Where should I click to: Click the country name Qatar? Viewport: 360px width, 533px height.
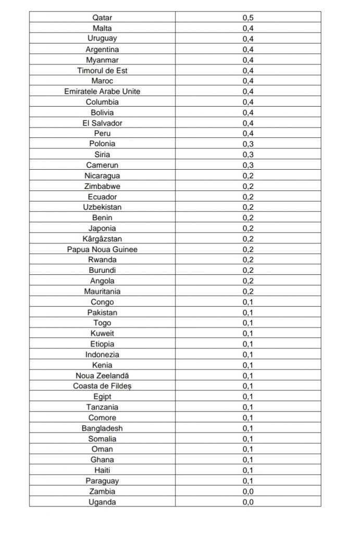click(x=102, y=18)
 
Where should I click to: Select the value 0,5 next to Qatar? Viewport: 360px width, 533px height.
click(x=248, y=18)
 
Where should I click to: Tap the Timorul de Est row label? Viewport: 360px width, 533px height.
click(x=102, y=70)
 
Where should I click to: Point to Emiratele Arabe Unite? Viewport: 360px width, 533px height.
click(x=102, y=91)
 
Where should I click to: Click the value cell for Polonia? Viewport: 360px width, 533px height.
click(x=248, y=144)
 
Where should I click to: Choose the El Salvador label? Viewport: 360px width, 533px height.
click(x=102, y=123)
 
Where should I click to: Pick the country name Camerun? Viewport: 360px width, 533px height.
click(x=102, y=165)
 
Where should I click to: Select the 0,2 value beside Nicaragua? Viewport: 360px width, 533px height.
click(x=248, y=175)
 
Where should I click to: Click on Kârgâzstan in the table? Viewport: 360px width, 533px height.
click(x=102, y=239)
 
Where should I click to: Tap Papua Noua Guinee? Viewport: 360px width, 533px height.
click(x=102, y=249)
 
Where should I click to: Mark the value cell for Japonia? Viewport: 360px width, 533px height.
click(x=248, y=228)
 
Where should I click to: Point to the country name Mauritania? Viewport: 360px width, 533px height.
click(x=102, y=291)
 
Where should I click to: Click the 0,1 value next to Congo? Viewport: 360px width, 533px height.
click(x=248, y=302)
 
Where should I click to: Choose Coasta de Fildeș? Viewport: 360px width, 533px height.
click(x=102, y=386)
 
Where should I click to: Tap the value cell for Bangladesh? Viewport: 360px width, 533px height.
click(x=248, y=428)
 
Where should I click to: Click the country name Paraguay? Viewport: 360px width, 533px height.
click(x=102, y=481)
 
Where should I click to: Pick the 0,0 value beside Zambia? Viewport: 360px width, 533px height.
click(x=248, y=491)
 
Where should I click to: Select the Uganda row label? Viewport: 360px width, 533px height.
click(x=102, y=502)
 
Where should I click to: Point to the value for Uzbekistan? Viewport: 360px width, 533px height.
click(x=248, y=207)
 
